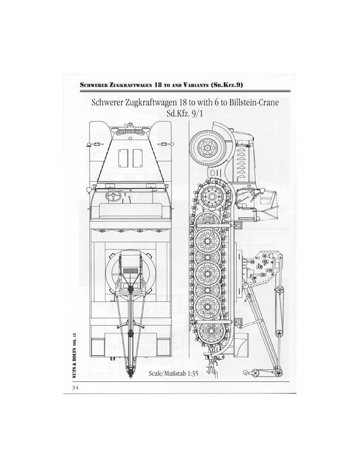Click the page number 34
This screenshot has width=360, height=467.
(74, 388)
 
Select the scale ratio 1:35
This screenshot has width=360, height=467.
(193, 374)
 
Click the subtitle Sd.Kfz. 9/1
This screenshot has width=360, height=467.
(185, 113)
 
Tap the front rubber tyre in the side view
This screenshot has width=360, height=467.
(207, 146)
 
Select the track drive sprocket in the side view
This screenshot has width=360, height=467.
(212, 196)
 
